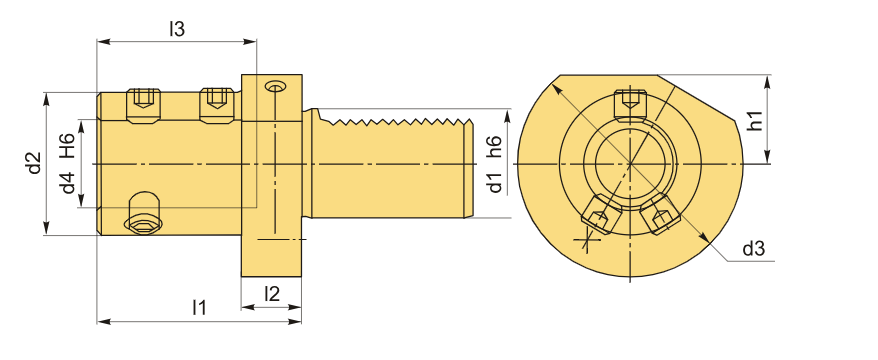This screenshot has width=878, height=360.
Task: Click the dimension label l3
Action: [177, 29]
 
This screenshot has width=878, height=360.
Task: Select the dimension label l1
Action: [199, 307]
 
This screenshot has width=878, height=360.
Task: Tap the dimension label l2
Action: [272, 293]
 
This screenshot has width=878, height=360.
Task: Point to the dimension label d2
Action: [35, 163]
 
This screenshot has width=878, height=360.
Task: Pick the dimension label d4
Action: [68, 183]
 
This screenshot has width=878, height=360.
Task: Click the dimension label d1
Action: [495, 183]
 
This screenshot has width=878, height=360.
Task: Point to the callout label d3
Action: [753, 249]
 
